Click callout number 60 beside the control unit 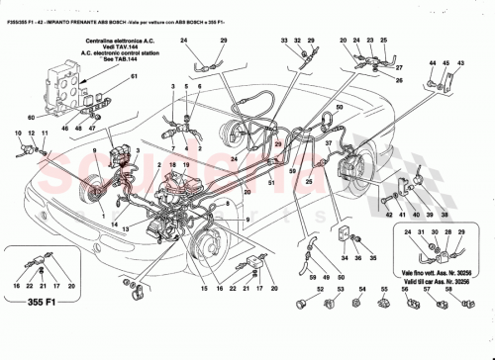click(x=32, y=116)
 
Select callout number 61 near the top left click(x=107, y=77)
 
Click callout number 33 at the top click(x=284, y=39)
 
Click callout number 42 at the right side click(x=391, y=214)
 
